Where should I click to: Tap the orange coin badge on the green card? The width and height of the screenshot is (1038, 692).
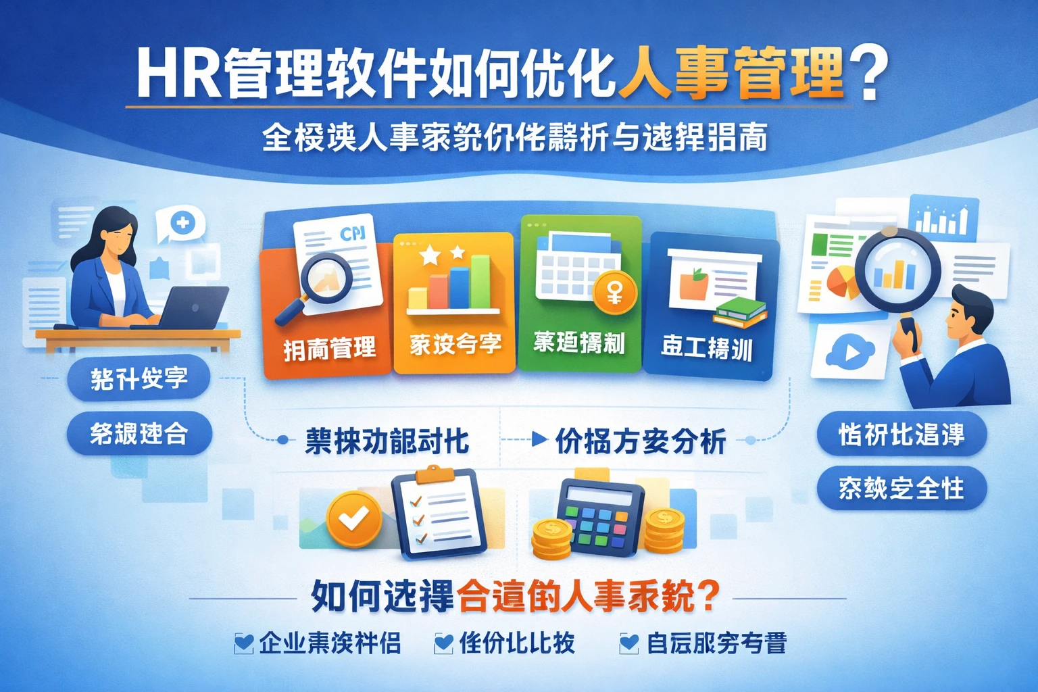click(x=614, y=293)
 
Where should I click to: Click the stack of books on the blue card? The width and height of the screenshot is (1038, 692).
click(x=740, y=312)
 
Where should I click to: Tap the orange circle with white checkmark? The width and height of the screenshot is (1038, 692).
click(x=354, y=519)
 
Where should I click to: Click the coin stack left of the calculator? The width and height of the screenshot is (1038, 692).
click(x=551, y=539)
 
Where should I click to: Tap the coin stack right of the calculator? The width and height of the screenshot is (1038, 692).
click(x=664, y=530)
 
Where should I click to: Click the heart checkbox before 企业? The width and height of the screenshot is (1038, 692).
click(x=243, y=643)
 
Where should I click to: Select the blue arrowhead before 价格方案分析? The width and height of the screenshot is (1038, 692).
click(x=539, y=440)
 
